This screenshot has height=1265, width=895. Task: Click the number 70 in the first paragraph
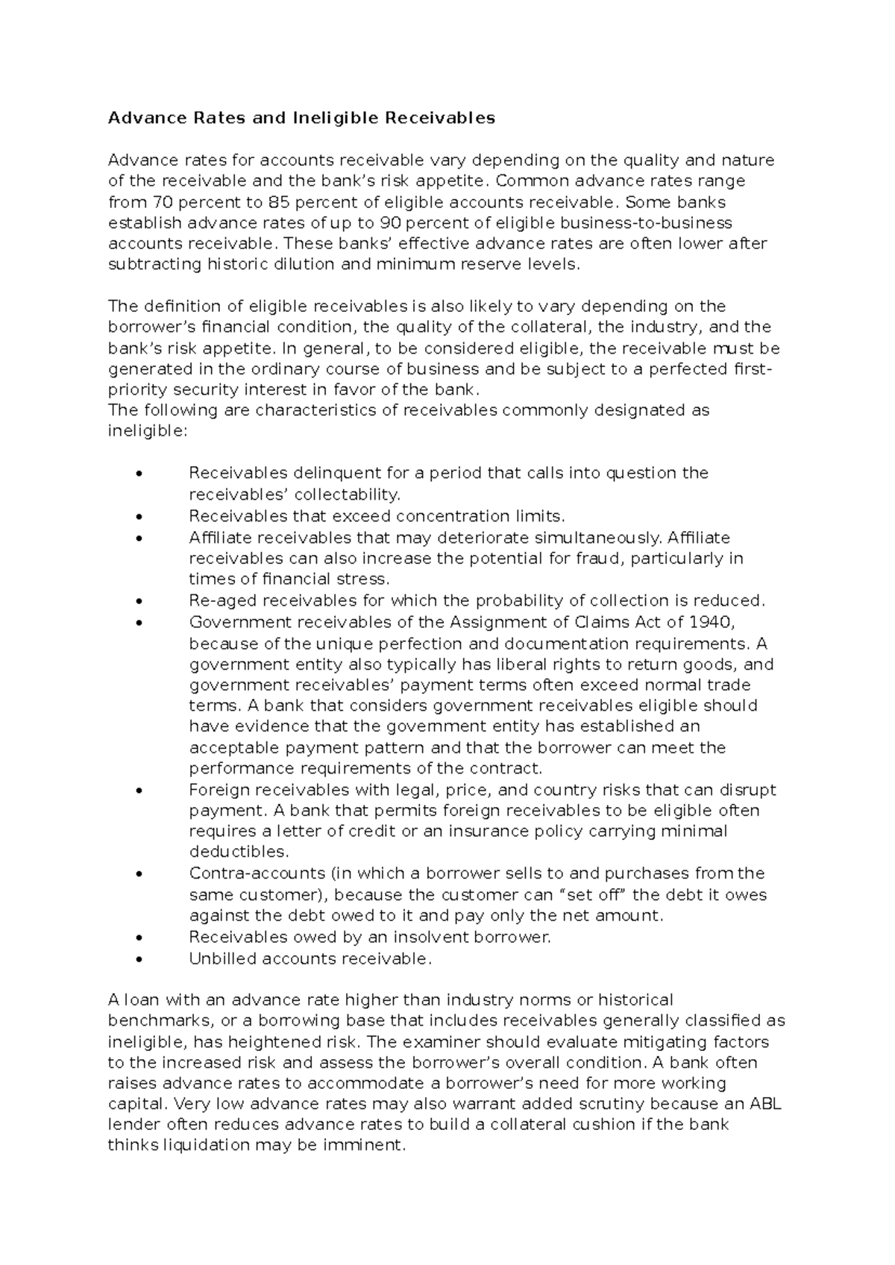coord(162,201)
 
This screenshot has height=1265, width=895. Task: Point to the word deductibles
coord(239,852)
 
